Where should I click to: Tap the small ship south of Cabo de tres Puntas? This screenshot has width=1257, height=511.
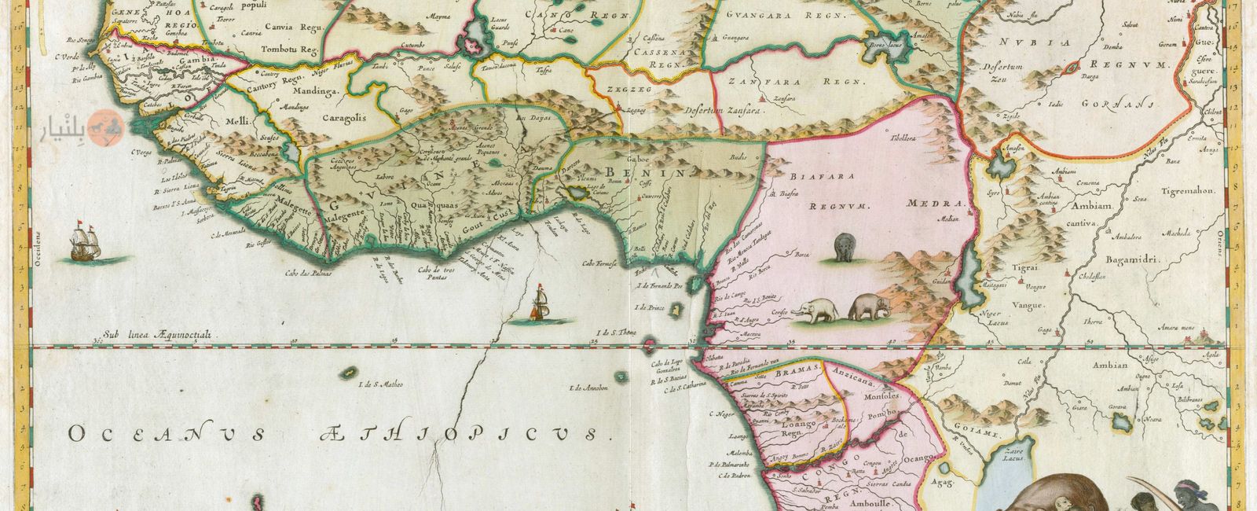[539, 307]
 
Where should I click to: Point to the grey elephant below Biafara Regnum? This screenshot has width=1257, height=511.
[845, 247]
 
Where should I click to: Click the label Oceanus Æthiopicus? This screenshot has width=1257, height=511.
[338, 433]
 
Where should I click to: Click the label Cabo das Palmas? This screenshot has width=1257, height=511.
[310, 273]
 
